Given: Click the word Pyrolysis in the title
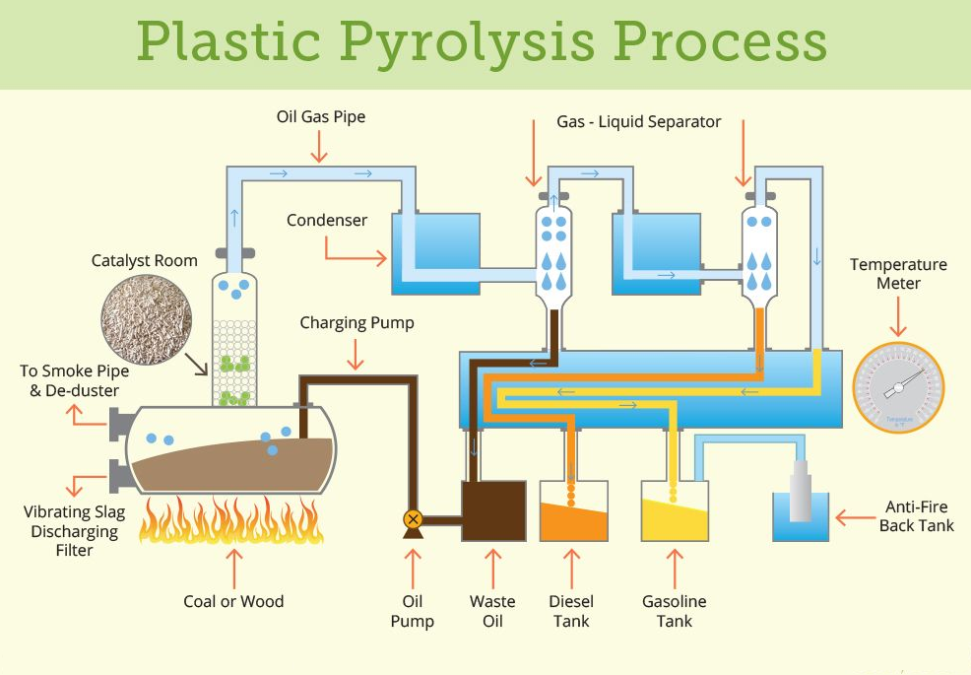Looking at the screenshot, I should click(469, 42).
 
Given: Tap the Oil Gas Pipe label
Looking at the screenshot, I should click(321, 117).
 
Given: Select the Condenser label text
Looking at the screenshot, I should click(327, 220).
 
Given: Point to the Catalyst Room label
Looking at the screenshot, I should click(145, 261).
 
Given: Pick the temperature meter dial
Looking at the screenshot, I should click(897, 387).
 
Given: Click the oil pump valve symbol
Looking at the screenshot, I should click(413, 519).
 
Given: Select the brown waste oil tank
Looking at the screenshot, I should click(493, 510).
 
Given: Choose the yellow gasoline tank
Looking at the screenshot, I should click(675, 512).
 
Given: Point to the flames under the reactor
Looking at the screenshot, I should click(232, 520).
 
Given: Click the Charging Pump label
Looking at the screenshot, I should click(357, 322).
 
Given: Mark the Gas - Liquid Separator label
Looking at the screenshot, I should click(639, 122).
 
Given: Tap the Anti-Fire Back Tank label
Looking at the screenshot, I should click(916, 516).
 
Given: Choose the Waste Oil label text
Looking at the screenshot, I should click(492, 611).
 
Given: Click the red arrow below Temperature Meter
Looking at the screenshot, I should click(897, 316).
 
